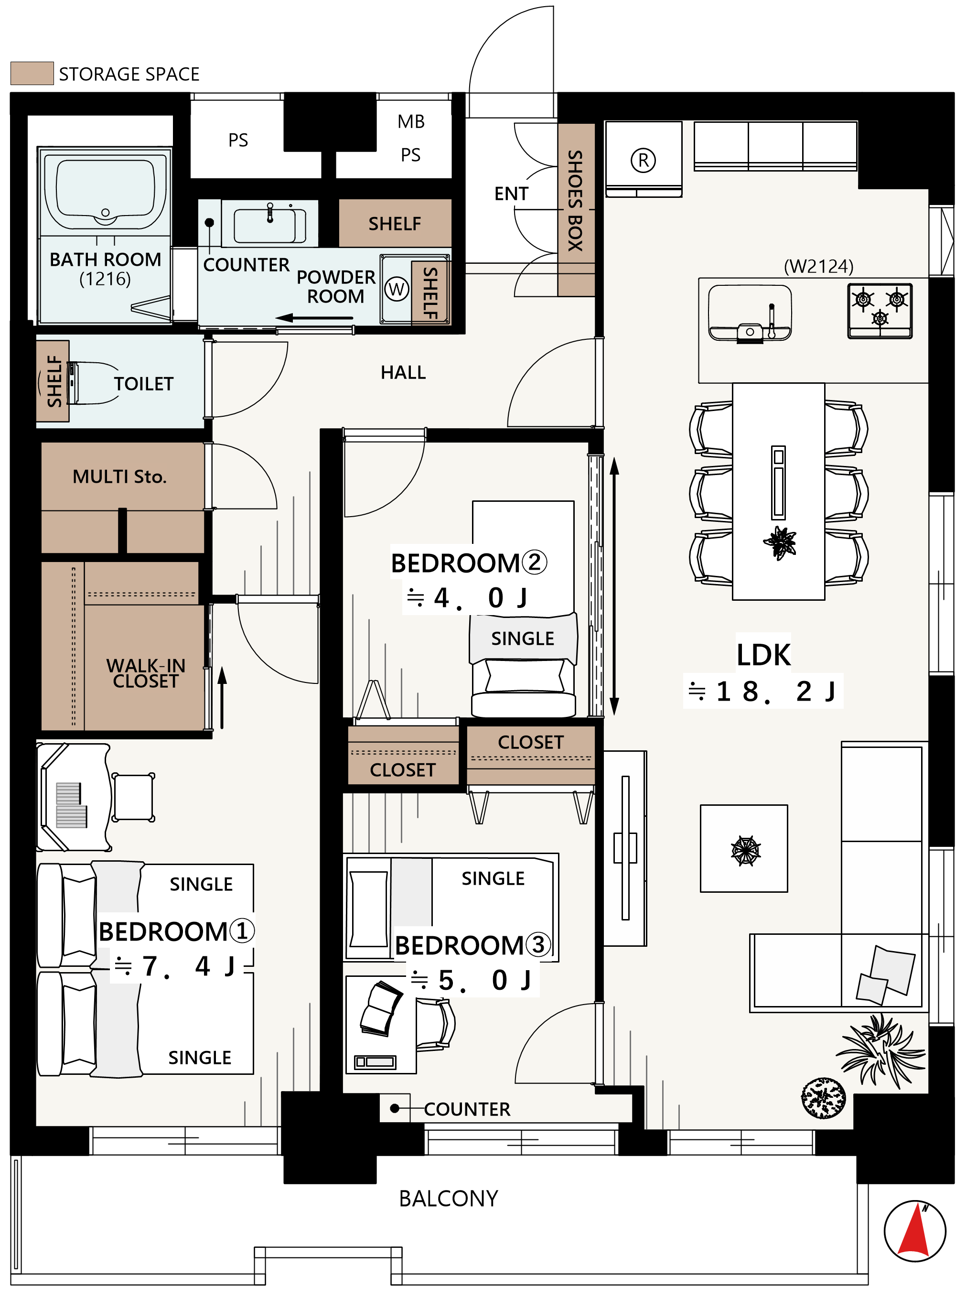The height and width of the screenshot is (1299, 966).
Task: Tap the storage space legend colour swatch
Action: (32, 73)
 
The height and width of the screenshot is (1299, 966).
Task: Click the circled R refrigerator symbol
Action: (643, 160)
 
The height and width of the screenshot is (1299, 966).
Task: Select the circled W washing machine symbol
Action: (397, 289)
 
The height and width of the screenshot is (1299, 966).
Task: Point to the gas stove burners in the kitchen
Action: (880, 311)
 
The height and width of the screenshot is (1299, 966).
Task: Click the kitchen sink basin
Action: (750, 313)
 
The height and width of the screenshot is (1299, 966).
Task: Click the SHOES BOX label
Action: (575, 201)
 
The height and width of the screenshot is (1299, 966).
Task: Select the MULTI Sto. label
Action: (120, 476)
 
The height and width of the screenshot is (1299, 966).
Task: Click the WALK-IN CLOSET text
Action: (146, 673)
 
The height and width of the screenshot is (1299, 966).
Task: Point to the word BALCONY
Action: (449, 1199)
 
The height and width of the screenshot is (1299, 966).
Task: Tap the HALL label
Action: (404, 373)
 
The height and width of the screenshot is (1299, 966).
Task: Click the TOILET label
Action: (144, 384)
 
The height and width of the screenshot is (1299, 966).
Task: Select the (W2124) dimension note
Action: (819, 267)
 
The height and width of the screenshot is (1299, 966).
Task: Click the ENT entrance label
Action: (511, 194)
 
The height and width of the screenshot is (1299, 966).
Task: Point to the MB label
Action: (411, 122)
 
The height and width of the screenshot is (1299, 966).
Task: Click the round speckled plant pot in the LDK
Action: (823, 1098)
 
